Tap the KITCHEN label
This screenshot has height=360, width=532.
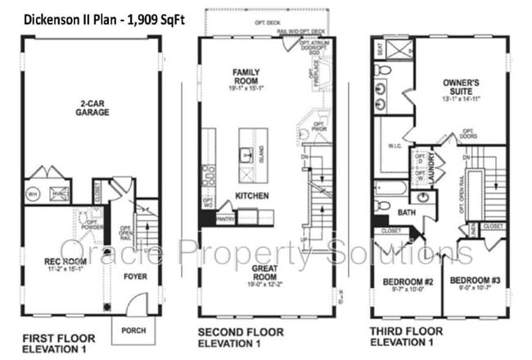[x=252, y=196]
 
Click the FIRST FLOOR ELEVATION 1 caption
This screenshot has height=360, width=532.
[x=57, y=343]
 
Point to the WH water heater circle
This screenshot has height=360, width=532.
[x=34, y=193]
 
